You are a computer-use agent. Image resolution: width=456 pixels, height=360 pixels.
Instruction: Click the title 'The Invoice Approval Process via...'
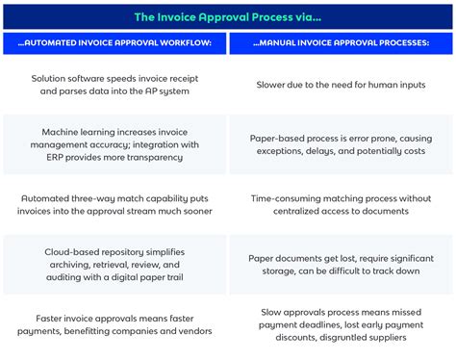pos(228,16)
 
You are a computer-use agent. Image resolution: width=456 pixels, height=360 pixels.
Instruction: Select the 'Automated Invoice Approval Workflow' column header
pos(115,44)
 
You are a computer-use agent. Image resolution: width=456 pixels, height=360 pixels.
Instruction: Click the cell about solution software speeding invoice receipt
pos(115,85)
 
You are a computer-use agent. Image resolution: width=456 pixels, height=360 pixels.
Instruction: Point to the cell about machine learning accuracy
pos(115,145)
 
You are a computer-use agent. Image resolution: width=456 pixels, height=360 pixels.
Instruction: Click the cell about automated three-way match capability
pos(115,204)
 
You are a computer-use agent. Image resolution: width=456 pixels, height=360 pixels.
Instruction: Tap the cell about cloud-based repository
pos(115,264)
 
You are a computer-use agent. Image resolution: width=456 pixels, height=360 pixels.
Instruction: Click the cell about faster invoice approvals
pos(115,324)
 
